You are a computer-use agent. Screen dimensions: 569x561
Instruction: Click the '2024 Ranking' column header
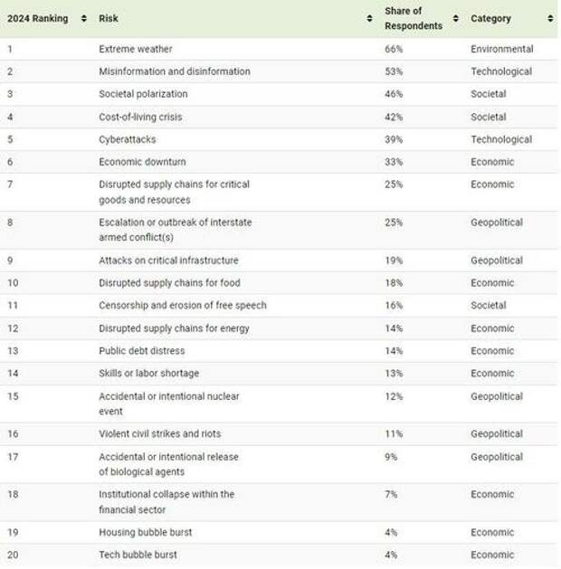(x=37, y=18)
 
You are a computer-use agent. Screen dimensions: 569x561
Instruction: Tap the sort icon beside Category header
(x=550, y=18)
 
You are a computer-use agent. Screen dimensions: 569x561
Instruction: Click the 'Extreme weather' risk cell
(x=136, y=49)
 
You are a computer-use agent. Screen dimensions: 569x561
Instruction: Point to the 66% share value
(x=394, y=49)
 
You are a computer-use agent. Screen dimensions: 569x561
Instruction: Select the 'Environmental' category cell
(x=501, y=49)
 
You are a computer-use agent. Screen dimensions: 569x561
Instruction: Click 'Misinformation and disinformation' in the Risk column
(x=175, y=71)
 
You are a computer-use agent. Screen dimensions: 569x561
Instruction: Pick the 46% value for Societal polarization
(x=394, y=94)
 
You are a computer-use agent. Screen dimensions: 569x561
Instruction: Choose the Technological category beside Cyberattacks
(x=501, y=139)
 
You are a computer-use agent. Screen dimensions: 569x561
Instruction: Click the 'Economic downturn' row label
(x=142, y=162)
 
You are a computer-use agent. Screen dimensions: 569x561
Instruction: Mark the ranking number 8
(x=11, y=223)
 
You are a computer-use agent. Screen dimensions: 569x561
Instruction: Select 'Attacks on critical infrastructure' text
(x=169, y=261)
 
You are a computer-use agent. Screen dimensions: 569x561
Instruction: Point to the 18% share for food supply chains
(x=394, y=283)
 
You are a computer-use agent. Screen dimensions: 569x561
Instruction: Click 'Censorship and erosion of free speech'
(x=183, y=306)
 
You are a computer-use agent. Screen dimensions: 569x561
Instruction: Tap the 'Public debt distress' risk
(x=142, y=351)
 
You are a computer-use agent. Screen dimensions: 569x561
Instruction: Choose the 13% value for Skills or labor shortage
(x=394, y=374)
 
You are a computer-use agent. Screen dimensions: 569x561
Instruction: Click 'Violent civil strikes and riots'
(x=159, y=434)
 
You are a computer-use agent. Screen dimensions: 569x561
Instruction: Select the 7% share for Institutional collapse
(x=391, y=495)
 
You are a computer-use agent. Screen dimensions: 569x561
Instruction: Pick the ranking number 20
(x=14, y=555)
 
